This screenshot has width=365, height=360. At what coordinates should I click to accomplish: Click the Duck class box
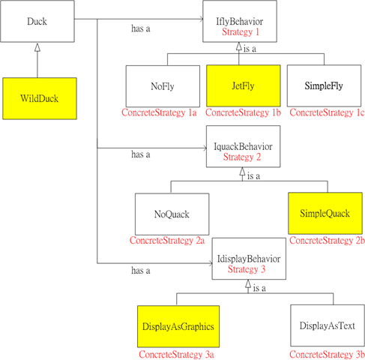pos(37,21)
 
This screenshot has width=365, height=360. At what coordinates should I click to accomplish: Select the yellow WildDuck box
pos(40,98)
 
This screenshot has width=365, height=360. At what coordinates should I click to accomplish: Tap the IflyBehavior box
pos(240,21)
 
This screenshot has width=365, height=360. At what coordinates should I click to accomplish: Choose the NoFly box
pos(163,86)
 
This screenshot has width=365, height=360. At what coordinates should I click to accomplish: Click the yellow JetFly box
pos(244,85)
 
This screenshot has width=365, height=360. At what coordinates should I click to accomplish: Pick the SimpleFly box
pos(324,85)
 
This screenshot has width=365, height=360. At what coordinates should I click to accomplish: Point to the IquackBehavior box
pos(243,146)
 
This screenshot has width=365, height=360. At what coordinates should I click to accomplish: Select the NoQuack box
pos(172,214)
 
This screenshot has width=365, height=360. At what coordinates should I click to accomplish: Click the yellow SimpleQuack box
pos(325,213)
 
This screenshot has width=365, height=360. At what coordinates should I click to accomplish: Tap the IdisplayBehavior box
pos(249,259)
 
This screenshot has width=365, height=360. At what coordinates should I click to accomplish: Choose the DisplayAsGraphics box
pos(178,326)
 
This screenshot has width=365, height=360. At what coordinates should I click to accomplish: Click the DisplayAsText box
pos(328,325)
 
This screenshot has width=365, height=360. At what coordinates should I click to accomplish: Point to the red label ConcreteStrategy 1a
pos(159,112)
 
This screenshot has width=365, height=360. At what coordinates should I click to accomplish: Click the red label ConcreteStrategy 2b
pos(327,241)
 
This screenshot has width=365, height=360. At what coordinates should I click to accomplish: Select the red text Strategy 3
pos(247,269)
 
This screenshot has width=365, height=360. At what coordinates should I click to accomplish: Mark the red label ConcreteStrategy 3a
pos(176,355)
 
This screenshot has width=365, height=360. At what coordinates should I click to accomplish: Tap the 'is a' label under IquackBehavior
pos(253,176)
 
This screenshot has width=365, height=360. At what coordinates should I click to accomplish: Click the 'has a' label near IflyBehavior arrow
pos(141,28)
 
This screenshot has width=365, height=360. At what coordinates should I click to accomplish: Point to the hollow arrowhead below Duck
pos(37,47)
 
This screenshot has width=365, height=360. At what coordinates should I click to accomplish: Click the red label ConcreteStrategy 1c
pos(327,112)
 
